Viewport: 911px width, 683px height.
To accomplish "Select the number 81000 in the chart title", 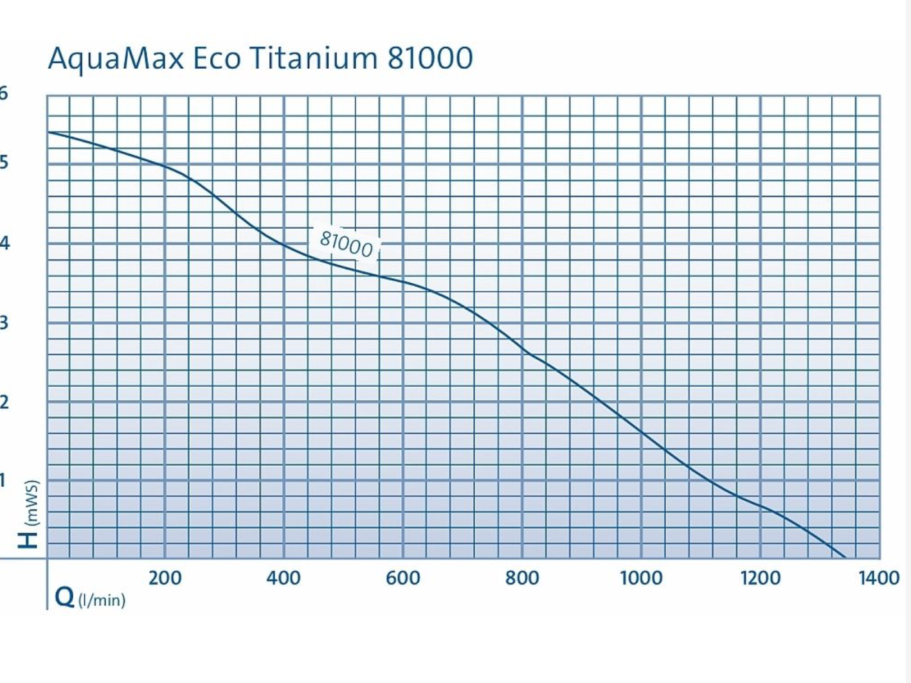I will click(x=430, y=58).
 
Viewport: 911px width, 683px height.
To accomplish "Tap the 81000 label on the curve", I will click(x=347, y=244).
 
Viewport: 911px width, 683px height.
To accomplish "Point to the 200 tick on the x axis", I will click(x=165, y=578).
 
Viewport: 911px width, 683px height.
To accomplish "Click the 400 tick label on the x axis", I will click(x=284, y=578).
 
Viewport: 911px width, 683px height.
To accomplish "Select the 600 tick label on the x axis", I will click(x=403, y=578).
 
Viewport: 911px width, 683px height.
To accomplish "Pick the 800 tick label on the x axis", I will click(x=522, y=578).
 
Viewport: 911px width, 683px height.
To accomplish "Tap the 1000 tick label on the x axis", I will click(x=641, y=578).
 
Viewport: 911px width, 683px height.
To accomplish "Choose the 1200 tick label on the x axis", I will click(x=760, y=578).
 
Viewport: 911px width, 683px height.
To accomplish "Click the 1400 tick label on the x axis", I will click(x=879, y=578).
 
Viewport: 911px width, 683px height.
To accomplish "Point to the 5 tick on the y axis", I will click(x=4, y=161).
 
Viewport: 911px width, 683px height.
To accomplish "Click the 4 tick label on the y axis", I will click(x=5, y=243).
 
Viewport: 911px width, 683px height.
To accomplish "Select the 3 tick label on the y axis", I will click(x=4, y=322).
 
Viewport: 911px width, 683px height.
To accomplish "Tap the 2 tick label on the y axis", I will click(x=4, y=402).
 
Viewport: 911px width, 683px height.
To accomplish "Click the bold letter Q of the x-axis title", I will click(x=65, y=598).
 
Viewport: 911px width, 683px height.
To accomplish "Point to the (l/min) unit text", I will click(x=102, y=600).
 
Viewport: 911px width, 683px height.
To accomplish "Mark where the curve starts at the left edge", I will click(x=49, y=132).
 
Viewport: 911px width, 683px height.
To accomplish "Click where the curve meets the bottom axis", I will click(x=844, y=557).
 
